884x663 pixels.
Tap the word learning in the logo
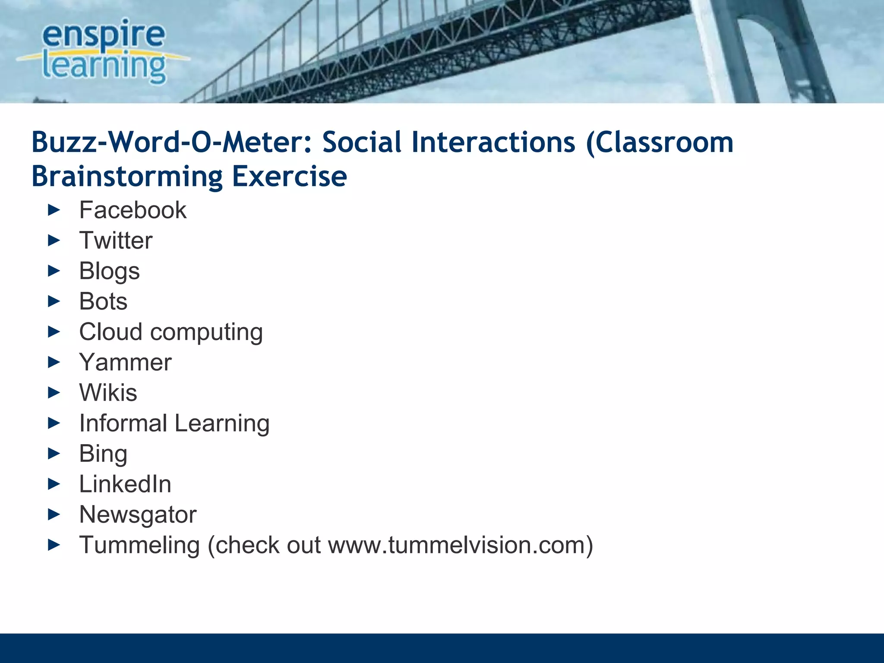(x=104, y=66)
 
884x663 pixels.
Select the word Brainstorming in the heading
(x=127, y=177)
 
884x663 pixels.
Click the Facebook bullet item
(x=133, y=211)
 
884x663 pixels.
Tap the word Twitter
(x=116, y=240)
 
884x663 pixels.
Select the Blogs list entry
(x=109, y=272)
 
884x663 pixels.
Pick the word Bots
(x=103, y=301)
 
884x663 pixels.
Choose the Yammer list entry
(x=125, y=362)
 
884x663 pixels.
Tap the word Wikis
(x=108, y=393)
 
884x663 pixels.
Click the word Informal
(x=123, y=423)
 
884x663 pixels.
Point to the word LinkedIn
(x=125, y=484)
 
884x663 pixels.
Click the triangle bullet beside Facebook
(x=54, y=211)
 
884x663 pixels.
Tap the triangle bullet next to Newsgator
(x=54, y=515)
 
